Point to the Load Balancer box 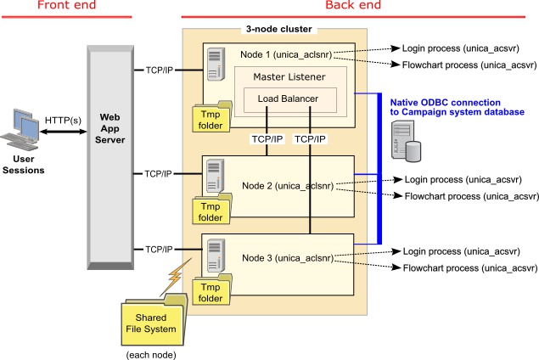[x=283, y=99]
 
